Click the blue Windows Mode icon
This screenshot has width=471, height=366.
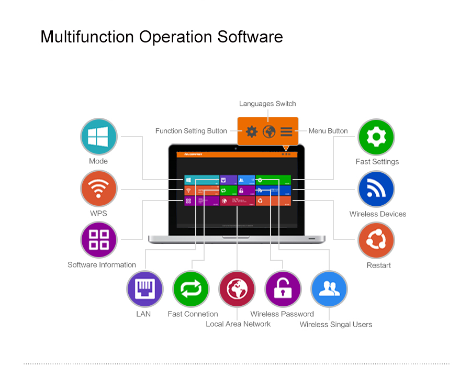[x=98, y=137]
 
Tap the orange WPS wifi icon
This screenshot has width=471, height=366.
[x=98, y=188]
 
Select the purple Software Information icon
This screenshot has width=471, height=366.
[x=98, y=240]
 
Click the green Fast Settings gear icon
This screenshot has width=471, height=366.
[x=376, y=137]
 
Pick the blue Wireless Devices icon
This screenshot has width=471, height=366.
[x=376, y=189]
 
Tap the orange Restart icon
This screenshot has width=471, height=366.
[x=376, y=240]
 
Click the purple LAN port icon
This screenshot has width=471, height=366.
[x=144, y=289]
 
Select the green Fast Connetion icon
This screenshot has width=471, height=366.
[x=191, y=289]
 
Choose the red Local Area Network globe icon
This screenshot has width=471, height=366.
[x=237, y=289]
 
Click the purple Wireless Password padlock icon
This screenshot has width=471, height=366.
[x=283, y=289]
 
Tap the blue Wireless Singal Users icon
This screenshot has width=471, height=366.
[x=329, y=289]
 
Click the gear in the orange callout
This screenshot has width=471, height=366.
[x=252, y=131]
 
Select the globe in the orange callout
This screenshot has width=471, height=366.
[x=269, y=131]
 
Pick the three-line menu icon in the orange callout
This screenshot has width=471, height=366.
[x=286, y=131]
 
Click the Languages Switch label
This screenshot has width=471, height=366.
[x=267, y=104]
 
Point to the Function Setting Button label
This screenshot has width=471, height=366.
[x=191, y=131]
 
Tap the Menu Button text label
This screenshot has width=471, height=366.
[x=328, y=131]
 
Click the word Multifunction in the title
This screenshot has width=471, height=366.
[x=87, y=37]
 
